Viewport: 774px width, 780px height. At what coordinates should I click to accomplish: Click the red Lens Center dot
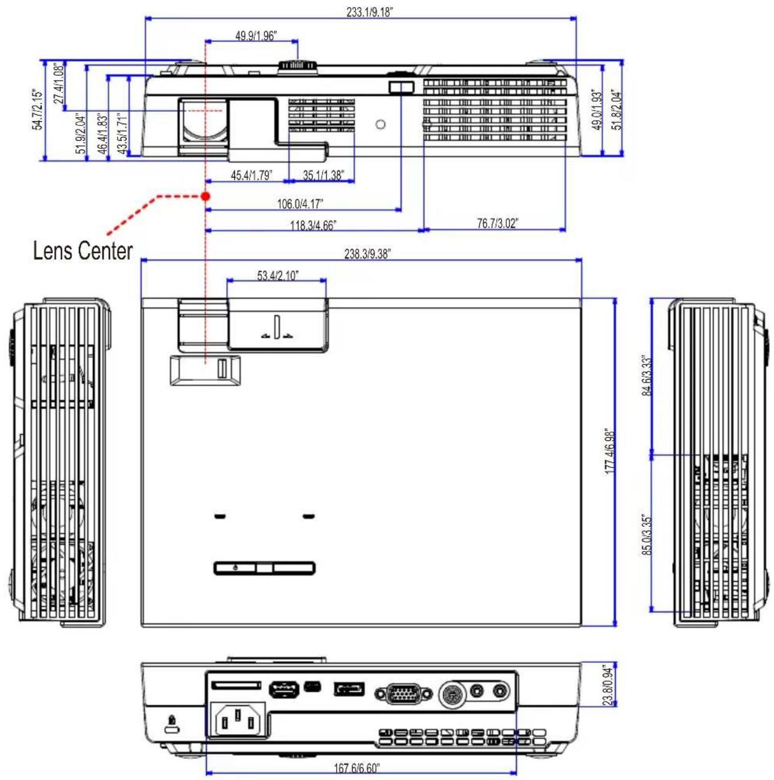pyautogui.click(x=205, y=196)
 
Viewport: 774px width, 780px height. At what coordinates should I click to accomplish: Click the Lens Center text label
pyautogui.click(x=82, y=251)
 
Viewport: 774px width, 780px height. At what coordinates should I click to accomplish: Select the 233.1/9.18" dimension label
pyautogui.click(x=370, y=12)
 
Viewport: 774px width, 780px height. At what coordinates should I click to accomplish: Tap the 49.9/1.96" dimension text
pyautogui.click(x=256, y=36)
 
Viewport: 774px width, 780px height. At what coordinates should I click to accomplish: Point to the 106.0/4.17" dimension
pyautogui.click(x=300, y=204)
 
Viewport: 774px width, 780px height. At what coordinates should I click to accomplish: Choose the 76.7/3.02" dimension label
pyautogui.click(x=497, y=223)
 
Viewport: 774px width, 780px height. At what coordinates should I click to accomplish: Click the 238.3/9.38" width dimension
pyautogui.click(x=367, y=254)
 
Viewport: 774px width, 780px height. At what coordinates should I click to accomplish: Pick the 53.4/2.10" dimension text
pyautogui.click(x=278, y=276)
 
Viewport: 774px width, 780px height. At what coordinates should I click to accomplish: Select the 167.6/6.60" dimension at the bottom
pyautogui.click(x=357, y=768)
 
